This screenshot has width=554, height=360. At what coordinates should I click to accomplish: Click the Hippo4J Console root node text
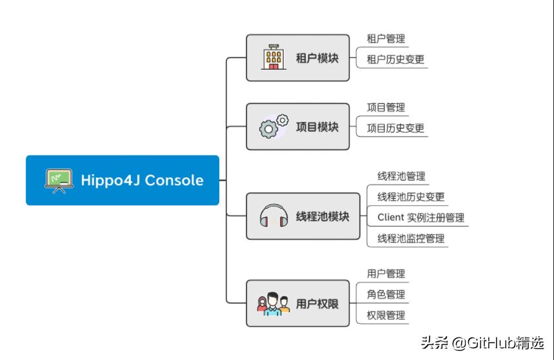pos(142,180)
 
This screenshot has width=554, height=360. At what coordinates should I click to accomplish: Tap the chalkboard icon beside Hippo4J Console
pos(58,180)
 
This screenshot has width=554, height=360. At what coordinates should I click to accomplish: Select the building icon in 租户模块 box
pos(273,58)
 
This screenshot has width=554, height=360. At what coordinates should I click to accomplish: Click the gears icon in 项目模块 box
pos(273,126)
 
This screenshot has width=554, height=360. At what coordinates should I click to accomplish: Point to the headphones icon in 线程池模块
pos(273,217)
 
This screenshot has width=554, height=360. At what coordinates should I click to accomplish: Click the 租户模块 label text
pos(317,59)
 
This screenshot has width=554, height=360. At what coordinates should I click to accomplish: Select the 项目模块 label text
pos(317,126)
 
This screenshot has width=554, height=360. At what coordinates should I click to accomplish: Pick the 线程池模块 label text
pos(322,217)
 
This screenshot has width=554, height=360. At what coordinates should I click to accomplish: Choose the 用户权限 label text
pos(317,303)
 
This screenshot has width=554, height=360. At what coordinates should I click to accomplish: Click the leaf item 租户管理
pos(386,39)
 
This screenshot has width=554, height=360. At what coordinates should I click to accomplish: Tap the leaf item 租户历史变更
pos(395,59)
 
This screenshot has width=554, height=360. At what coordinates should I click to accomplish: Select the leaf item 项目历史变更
pos(395,128)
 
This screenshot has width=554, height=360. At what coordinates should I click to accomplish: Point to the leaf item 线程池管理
pos(401,176)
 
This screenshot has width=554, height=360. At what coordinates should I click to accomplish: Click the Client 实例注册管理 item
pos(420,217)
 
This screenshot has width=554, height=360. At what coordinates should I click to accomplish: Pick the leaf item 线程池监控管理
pos(410,238)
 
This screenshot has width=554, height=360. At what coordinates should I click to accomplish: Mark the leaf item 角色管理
pos(386,294)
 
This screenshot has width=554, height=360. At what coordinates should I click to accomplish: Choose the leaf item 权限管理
pos(386,315)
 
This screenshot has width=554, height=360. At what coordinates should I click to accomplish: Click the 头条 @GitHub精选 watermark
pos(482,343)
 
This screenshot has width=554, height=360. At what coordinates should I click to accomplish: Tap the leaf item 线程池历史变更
pos(410,197)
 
